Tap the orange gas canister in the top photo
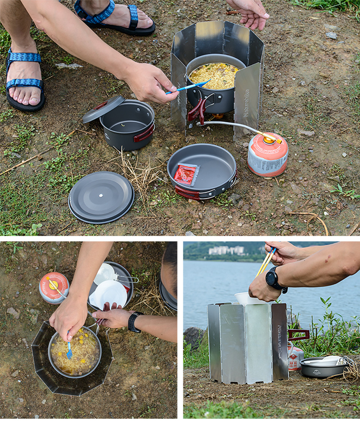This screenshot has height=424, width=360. (x=267, y=155)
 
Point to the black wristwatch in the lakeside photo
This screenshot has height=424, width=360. (x=273, y=278)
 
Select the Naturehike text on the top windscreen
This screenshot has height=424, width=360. (x=246, y=103)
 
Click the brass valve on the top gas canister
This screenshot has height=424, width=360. (x=269, y=139)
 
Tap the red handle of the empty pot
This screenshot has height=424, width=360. (x=144, y=134)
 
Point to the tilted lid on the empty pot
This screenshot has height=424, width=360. (x=103, y=108)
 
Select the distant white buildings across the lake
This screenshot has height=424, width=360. (x=227, y=250)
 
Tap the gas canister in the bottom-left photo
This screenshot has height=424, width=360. (x=54, y=287)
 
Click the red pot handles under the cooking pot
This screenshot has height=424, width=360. (x=197, y=110)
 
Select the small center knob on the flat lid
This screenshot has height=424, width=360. (x=100, y=196)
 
